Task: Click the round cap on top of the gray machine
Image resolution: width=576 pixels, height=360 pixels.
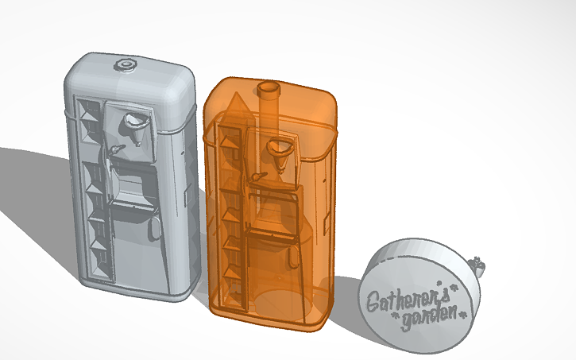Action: coord(126,63)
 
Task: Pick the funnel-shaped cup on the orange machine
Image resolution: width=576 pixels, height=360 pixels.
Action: coord(280,148)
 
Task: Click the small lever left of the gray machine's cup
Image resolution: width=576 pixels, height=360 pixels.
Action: coord(117,149)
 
